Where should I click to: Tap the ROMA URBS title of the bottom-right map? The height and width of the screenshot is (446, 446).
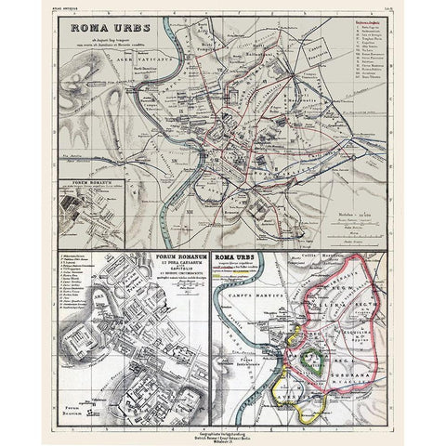click(237, 254)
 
